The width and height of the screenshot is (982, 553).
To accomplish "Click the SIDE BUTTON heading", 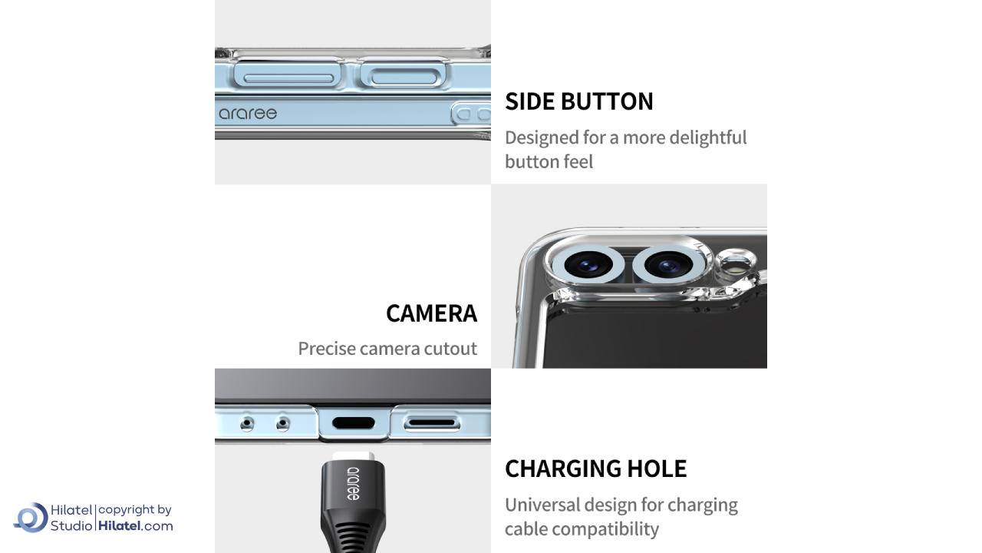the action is (x=578, y=101).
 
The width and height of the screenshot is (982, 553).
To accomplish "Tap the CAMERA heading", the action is (x=431, y=313).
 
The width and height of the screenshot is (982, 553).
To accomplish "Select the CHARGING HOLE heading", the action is (x=596, y=469).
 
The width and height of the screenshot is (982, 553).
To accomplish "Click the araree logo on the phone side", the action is (x=248, y=114).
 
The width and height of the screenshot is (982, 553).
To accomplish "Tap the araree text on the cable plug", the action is (x=353, y=484).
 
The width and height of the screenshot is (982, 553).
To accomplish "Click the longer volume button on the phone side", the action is (x=288, y=75).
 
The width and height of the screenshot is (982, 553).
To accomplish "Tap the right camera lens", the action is (x=668, y=265).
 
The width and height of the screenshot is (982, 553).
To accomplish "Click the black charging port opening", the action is (x=354, y=423).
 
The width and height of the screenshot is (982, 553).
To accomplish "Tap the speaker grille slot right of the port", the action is (x=432, y=423).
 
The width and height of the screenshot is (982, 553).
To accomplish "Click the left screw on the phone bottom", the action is (x=247, y=424).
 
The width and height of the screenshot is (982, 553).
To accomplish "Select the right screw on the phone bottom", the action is (x=283, y=424).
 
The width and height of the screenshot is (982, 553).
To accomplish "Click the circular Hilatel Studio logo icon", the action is (x=31, y=518).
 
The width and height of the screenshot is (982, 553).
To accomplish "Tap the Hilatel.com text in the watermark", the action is (x=136, y=526).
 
